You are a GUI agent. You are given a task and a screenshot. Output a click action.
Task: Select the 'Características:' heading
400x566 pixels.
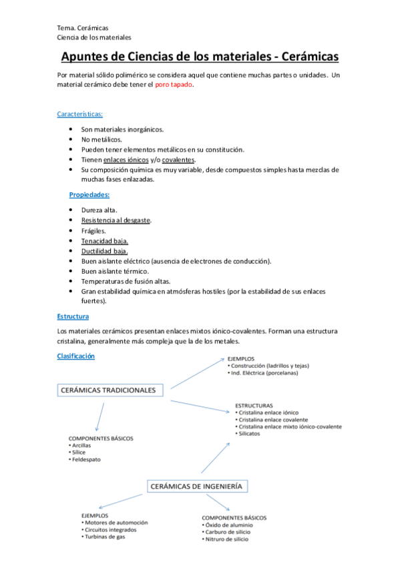(x=79, y=114)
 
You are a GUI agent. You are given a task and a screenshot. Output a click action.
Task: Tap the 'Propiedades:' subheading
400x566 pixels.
(x=89, y=195)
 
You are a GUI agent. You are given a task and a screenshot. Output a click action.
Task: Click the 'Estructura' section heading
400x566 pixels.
(x=73, y=316)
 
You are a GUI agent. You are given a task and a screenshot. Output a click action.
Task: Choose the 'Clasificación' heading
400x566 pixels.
(x=76, y=356)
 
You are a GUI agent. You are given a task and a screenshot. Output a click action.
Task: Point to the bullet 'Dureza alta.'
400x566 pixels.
(x=99, y=210)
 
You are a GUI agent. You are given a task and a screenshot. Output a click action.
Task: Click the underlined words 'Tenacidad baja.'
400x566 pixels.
(x=105, y=240)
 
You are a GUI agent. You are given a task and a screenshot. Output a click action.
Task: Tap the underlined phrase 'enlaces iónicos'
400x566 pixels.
(x=126, y=160)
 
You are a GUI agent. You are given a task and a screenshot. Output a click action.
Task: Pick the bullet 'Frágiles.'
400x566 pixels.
(x=93, y=230)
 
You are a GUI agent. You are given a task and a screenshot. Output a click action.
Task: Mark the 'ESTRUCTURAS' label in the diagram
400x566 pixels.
(x=254, y=405)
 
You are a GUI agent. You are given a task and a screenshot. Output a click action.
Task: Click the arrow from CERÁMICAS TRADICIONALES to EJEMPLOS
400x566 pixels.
(x=198, y=374)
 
